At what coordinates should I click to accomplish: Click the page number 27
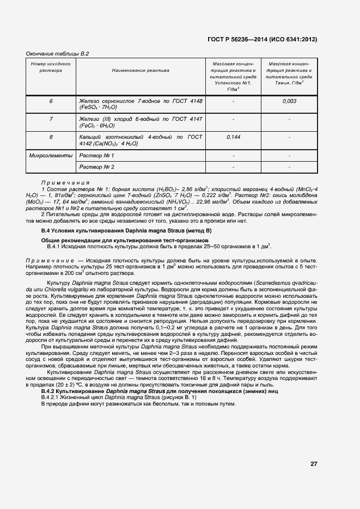tap(314, 464)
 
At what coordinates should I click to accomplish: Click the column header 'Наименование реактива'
tap(141, 70)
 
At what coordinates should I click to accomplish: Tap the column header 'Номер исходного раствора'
tap(51, 67)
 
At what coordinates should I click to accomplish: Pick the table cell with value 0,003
tap(289, 101)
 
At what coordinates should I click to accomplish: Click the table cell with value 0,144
tap(233, 137)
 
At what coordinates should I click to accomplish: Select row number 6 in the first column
tap(51, 101)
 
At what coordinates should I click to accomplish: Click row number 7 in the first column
tap(51, 119)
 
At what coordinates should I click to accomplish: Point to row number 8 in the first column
tap(51, 137)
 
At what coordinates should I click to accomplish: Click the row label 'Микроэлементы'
tap(51, 156)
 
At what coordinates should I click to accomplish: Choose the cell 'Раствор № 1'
tap(97, 156)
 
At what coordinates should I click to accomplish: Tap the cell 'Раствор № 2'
tap(97, 167)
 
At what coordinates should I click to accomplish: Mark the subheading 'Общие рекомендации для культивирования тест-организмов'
tap(125, 240)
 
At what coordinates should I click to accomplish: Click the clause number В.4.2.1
tap(52, 398)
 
